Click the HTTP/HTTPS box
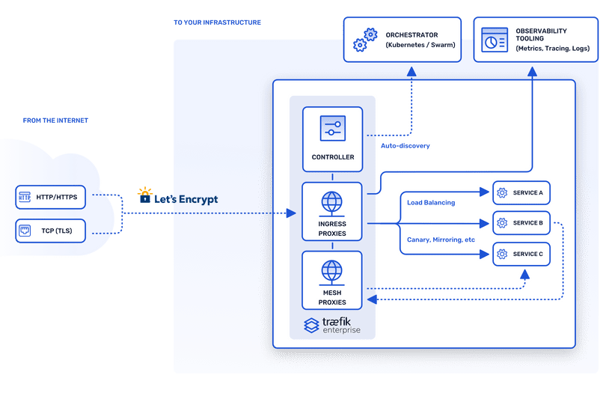[52, 197]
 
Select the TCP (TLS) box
[52, 231]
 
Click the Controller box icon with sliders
[332, 129]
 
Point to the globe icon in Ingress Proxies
[332, 202]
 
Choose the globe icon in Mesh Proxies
[332, 270]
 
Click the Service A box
[521, 193]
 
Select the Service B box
[521, 223]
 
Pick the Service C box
[521, 255]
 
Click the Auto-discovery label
[405, 146]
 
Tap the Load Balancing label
[430, 202]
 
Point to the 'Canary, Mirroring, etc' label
[441, 240]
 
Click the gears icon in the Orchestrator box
[364, 40]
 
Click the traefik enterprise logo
[332, 325]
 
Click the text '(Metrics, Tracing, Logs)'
[552, 49]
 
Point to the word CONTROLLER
[332, 157]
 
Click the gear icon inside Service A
[502, 193]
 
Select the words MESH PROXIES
[332, 297]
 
